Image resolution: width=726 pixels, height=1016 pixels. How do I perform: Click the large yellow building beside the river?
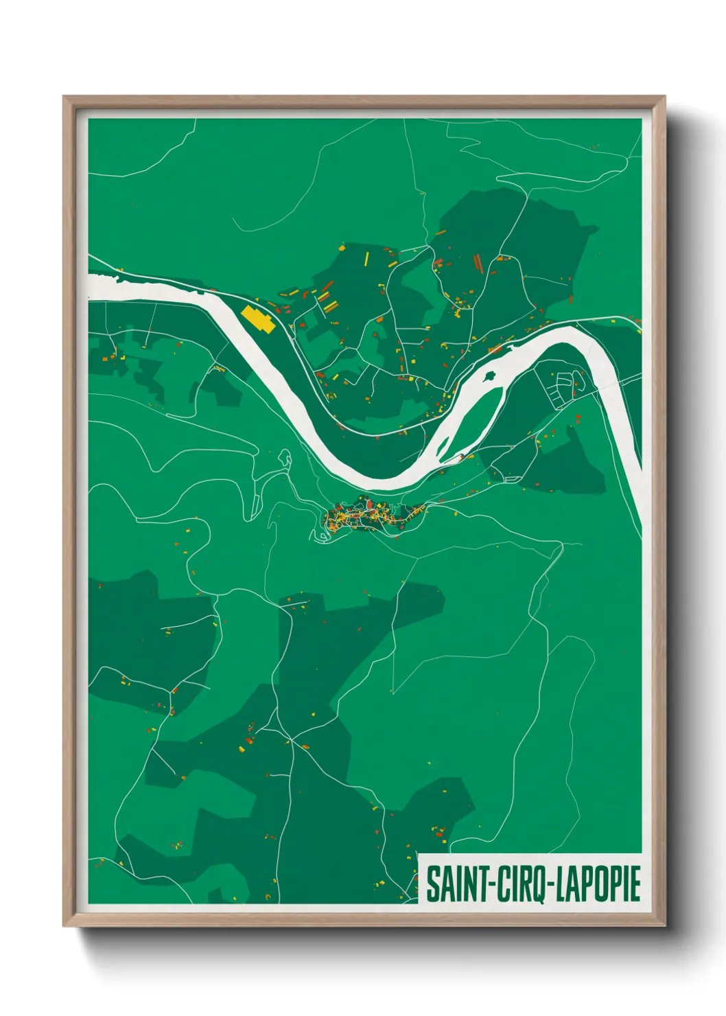tap(258, 319)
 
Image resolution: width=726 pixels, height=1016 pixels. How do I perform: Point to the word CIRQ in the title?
tap(519, 884)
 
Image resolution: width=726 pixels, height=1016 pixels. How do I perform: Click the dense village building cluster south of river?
tap(364, 516)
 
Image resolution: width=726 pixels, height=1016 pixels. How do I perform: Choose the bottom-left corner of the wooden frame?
tap(65, 925)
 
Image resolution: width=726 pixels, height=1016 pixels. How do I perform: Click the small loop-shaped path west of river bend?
tap(283, 457)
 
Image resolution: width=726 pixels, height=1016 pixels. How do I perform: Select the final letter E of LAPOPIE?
tap(635, 884)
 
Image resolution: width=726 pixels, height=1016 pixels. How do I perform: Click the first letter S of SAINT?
tap(432, 884)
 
